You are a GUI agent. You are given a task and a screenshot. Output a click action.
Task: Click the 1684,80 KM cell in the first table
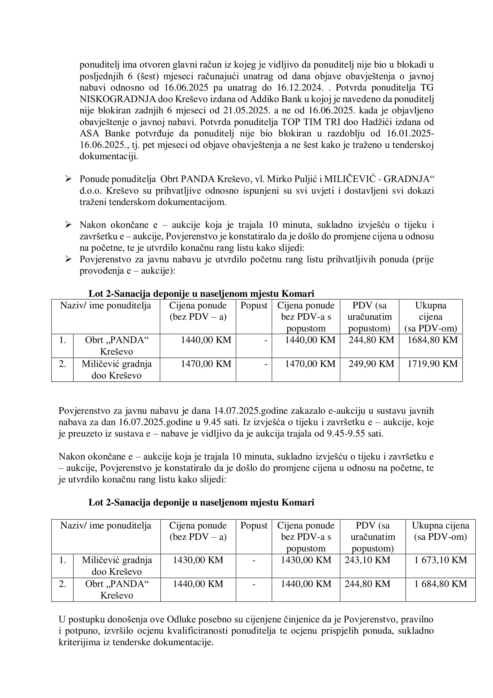[432, 340]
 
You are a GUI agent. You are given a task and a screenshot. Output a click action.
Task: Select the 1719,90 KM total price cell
[432, 364]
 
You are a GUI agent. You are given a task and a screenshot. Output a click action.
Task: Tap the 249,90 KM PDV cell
[371, 364]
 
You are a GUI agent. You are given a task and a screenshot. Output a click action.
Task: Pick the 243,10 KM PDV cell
[367, 560]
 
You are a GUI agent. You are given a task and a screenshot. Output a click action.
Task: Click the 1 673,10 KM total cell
[441, 560]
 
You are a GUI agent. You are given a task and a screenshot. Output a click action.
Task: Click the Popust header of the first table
[254, 306]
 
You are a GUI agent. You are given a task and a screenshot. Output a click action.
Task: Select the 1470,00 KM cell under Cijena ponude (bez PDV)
[206, 364]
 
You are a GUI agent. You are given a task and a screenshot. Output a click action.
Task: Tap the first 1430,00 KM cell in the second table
[198, 560]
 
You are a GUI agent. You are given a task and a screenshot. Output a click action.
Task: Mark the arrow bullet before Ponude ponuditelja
[68, 179]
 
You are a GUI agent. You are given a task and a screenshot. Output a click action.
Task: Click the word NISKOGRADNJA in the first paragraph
[118, 99]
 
